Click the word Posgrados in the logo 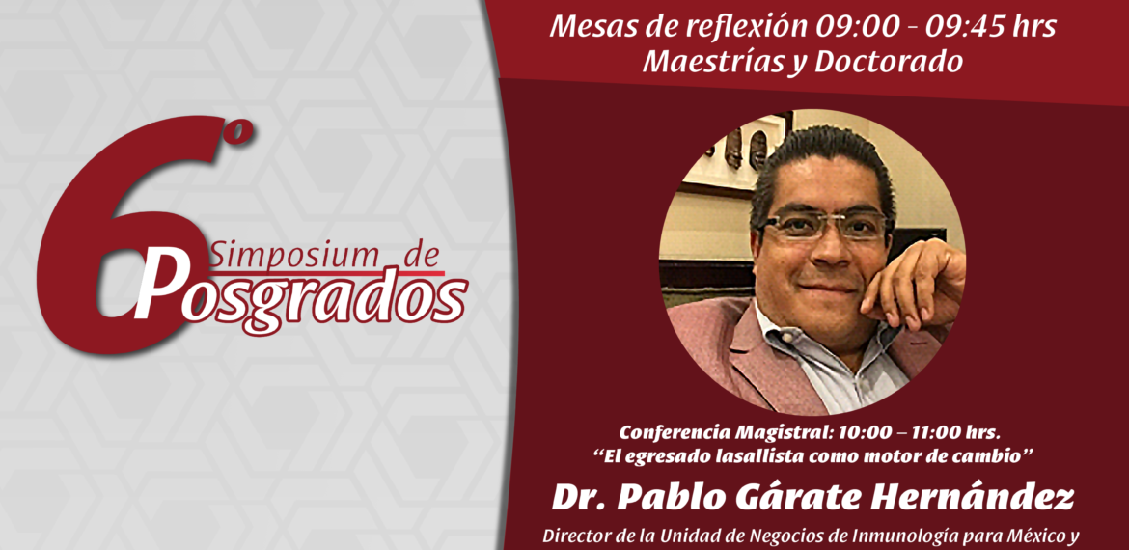tap(301, 291)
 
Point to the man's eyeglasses tap(823, 226)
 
